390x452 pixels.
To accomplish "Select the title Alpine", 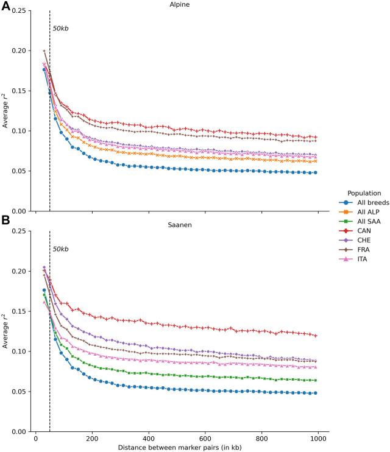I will [x=179, y=5].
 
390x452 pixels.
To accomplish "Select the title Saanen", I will [x=179, y=225].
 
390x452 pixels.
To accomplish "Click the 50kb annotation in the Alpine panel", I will [x=60, y=29].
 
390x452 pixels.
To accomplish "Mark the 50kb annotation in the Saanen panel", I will [x=60, y=249].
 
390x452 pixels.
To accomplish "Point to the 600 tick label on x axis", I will [x=205, y=438].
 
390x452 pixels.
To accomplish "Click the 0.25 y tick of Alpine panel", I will [x=19, y=11].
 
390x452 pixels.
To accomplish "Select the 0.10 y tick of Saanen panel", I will [x=19, y=351].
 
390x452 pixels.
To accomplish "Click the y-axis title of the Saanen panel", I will [x=5, y=331].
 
